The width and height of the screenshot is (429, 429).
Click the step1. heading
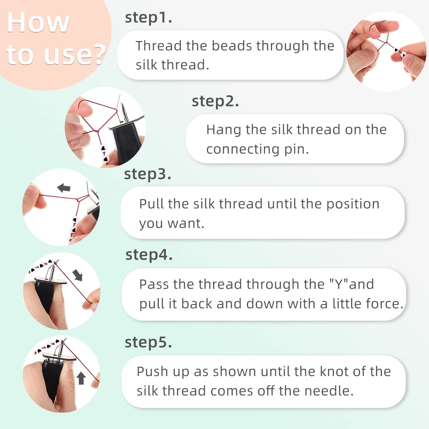[x=148, y=18]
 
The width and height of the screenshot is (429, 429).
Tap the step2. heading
[x=215, y=101]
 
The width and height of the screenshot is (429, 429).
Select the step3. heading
[x=147, y=174]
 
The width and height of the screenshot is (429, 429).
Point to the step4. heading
[x=149, y=255]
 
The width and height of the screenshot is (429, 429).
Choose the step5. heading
[x=148, y=342]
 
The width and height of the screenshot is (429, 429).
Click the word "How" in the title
[x=38, y=23]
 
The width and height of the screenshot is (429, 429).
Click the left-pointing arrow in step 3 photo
[x=64, y=188]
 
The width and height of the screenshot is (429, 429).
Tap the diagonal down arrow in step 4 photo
[x=78, y=275]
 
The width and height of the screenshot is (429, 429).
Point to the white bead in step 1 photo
[x=403, y=55]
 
